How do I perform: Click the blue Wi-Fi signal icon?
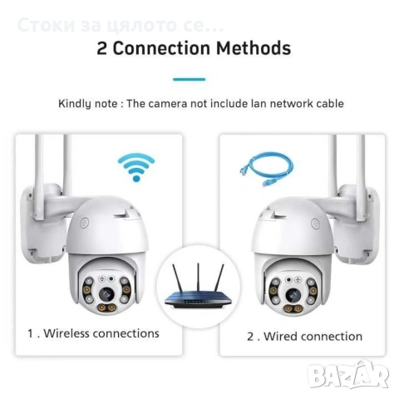(x=135, y=165)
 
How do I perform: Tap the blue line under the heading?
(x=189, y=79)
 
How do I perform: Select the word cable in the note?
(x=328, y=104)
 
